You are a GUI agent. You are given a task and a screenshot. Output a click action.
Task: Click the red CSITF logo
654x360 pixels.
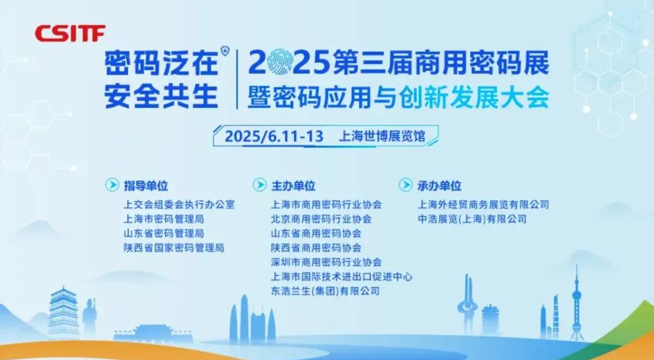[70, 34]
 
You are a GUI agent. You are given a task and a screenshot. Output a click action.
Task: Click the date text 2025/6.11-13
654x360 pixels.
[274, 136]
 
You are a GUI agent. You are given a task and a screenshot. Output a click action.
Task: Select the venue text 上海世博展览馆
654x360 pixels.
[382, 136]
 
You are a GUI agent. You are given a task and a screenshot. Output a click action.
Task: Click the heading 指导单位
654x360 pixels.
[146, 186]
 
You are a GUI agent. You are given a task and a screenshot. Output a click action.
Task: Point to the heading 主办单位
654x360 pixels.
[294, 186]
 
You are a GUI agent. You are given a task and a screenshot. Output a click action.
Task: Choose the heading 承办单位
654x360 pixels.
[440, 186]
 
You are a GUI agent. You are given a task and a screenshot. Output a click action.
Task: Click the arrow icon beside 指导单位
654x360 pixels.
[112, 185]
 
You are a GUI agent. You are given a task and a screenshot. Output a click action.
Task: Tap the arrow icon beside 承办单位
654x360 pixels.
[406, 185]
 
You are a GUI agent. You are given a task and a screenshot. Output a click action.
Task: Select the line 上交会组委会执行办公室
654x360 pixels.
[180, 205]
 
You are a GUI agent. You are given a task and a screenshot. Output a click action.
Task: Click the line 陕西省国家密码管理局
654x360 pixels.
[174, 248]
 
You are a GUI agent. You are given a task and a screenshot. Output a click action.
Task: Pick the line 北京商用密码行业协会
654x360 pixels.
[321, 219]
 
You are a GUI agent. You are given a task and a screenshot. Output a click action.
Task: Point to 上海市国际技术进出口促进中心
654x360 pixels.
[342, 277]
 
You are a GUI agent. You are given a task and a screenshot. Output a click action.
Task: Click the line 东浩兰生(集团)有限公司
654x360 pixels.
[325, 291]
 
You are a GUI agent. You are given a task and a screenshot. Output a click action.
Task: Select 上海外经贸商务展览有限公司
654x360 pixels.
[483, 205]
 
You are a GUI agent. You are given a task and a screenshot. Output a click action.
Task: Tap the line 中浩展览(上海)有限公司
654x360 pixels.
[472, 219]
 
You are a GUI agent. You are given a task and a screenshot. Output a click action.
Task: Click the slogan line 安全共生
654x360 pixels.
[161, 96]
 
